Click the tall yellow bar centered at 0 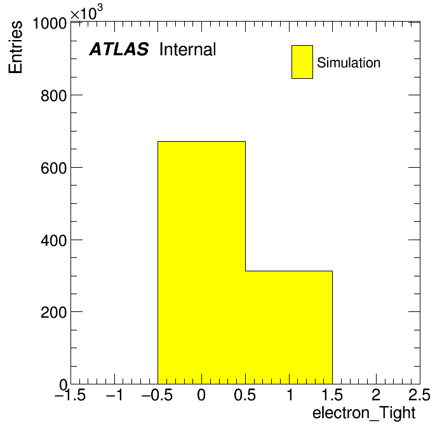tap(201, 262)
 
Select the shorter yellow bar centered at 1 tap(289, 327)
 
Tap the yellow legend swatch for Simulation tap(302, 62)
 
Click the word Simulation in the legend tap(349, 63)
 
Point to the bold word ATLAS tap(119, 49)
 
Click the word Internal tap(188, 50)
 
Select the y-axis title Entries tap(15, 47)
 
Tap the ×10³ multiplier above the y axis tap(86, 12)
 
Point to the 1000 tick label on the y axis tap(50, 24)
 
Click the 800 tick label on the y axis tap(53, 96)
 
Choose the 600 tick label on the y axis tap(53, 168)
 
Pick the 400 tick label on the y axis tap(53, 241)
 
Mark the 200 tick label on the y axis tap(53, 313)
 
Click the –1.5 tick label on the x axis tap(70, 395)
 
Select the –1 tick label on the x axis tap(114, 395)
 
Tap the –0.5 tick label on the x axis tap(157, 395)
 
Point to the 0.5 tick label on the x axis tap(245, 395)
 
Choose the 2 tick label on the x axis tap(376, 395)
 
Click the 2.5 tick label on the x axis tap(419, 395)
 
